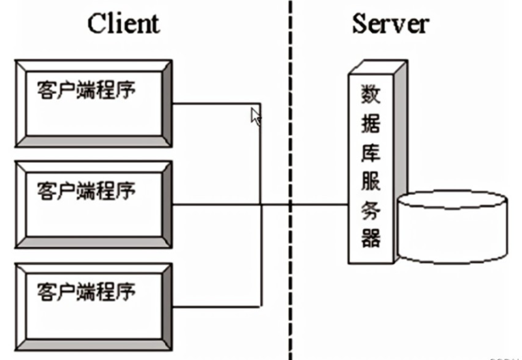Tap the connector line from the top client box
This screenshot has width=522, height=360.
(x=215, y=104)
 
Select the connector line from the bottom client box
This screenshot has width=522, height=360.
(x=215, y=305)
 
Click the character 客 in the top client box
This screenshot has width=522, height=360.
(x=46, y=89)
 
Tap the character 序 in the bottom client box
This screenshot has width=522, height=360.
(x=126, y=291)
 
